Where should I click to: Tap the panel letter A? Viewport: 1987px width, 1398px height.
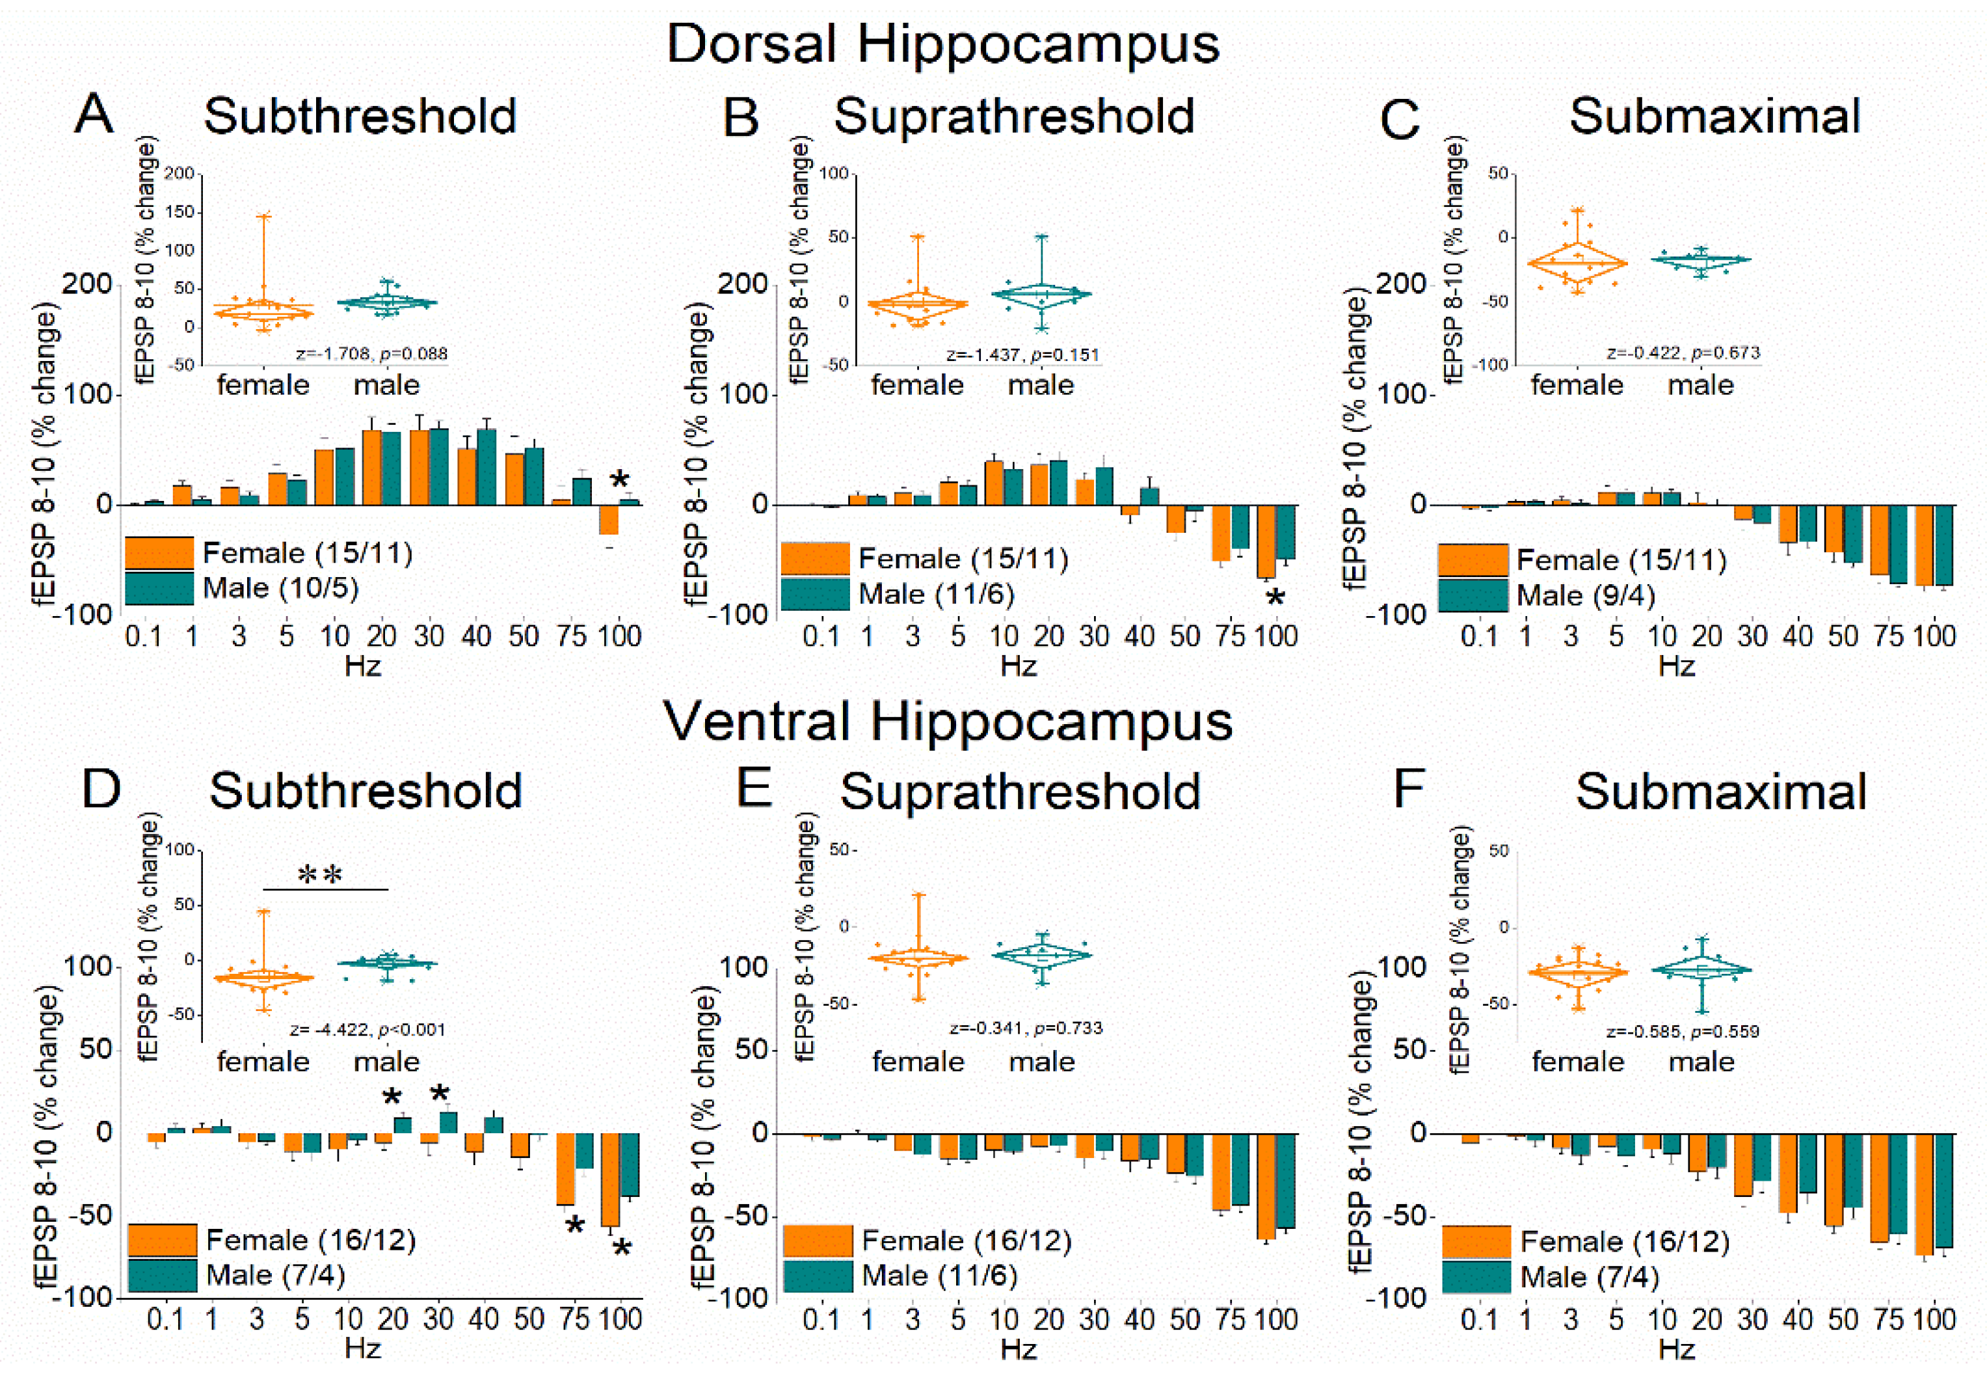[x=94, y=114]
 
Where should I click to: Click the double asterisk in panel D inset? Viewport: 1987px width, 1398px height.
[x=320, y=875]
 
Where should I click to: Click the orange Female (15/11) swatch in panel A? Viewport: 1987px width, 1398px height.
[x=159, y=553]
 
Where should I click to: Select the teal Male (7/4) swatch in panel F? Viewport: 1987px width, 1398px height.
[x=1476, y=1277]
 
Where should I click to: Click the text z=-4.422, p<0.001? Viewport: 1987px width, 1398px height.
[x=367, y=1030]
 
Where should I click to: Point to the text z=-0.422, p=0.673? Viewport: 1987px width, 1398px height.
[x=1683, y=353]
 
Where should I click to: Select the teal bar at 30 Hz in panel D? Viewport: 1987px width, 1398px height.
[x=448, y=1122]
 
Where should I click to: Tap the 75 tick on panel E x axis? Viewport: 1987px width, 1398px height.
[x=1230, y=1319]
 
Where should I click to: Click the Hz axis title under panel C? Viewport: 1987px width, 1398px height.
[x=1676, y=667]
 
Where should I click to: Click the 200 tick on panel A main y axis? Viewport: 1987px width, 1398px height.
[x=87, y=284]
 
